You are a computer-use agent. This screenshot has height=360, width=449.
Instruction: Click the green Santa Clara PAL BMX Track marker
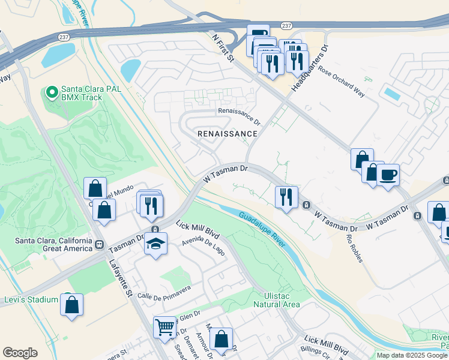pos(52,92)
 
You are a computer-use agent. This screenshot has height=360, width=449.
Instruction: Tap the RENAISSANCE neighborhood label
pos(228,134)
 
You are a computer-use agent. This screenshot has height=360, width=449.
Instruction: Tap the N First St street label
pos(226,49)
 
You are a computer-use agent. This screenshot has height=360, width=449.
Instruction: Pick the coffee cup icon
pos(388,175)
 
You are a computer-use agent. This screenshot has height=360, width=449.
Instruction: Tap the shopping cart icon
pos(164,328)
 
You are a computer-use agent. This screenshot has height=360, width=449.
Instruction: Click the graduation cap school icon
pos(155,244)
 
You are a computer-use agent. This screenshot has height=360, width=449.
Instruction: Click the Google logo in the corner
pos(20,353)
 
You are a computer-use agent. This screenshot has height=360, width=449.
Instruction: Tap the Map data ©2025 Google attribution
pos(412,355)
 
